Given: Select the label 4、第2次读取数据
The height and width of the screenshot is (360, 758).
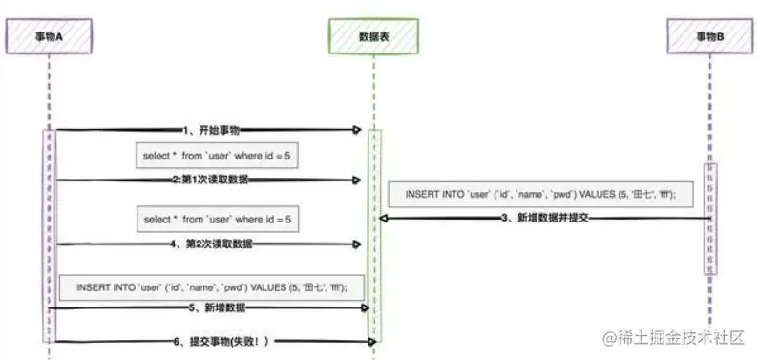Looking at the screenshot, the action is tap(211, 244).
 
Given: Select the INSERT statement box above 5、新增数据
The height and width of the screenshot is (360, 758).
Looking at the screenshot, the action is tap(211, 286).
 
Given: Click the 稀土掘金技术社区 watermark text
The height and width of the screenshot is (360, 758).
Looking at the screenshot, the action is tap(677, 338).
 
